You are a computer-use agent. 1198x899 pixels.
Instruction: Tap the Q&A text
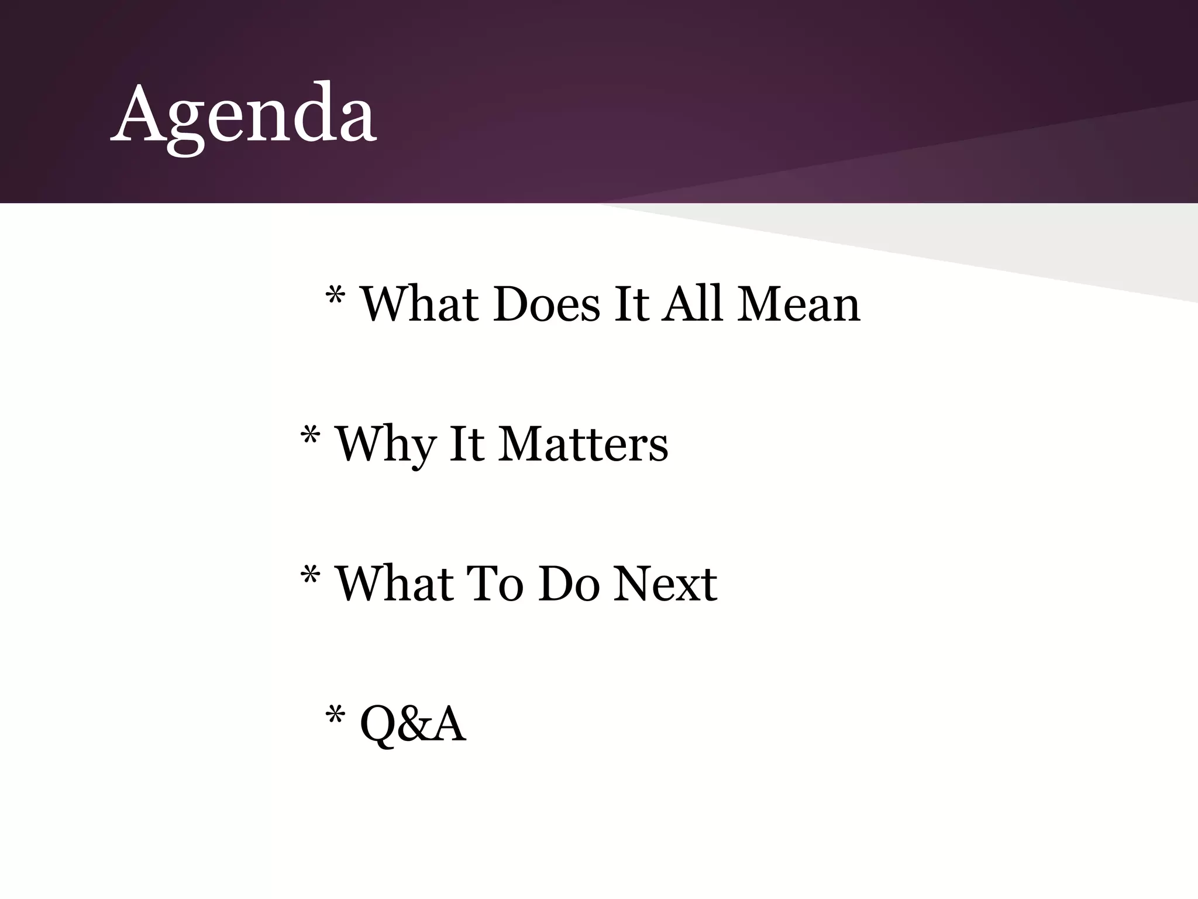(413, 725)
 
